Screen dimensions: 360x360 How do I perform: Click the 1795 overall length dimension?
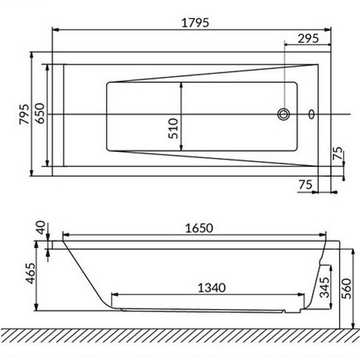(196, 23)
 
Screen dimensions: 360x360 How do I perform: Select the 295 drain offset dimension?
(308, 39)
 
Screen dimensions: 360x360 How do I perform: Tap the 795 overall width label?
(24, 114)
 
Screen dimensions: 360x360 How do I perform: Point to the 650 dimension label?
(40, 113)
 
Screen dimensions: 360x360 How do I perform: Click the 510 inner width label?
(173, 129)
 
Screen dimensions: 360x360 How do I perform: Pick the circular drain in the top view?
(284, 114)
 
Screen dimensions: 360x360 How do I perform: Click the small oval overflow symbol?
(311, 114)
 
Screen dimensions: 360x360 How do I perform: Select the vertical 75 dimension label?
(338, 153)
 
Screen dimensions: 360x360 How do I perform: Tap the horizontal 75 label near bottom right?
(305, 184)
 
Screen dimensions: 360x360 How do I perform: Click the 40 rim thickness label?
(41, 227)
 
